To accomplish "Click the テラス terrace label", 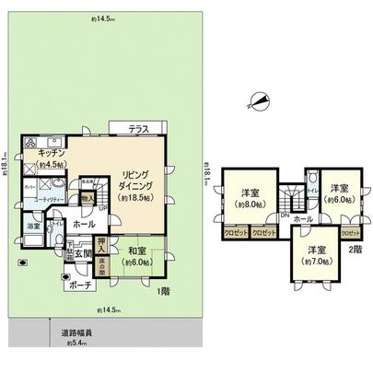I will click(x=141, y=128).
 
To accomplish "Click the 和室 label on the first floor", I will click(x=139, y=250).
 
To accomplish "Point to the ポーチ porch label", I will click(x=79, y=286).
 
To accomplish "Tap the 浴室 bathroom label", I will click(x=33, y=227).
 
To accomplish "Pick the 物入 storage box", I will click(x=87, y=195).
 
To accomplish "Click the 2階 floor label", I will click(x=356, y=249).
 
